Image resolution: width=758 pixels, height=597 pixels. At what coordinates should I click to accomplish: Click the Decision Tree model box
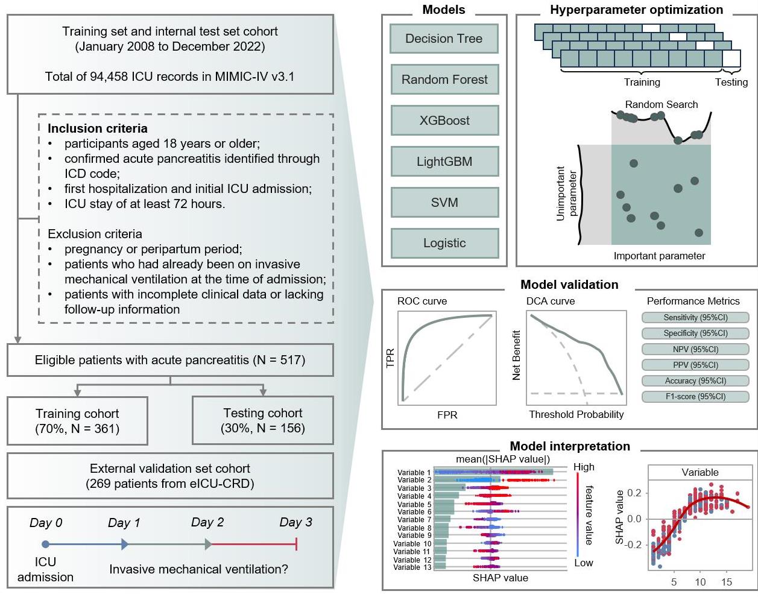444,39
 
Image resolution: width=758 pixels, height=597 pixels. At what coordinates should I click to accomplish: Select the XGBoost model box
445,121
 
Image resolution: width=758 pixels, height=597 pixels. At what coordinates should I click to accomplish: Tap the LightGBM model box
445,162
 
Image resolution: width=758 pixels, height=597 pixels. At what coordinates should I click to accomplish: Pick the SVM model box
445,203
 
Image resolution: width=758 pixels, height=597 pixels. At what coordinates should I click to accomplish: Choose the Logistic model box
445,243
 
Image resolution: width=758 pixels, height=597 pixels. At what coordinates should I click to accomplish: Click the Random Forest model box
445,80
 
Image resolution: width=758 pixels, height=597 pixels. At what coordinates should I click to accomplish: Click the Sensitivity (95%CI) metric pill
695,317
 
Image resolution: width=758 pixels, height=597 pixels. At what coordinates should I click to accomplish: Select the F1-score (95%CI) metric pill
695,397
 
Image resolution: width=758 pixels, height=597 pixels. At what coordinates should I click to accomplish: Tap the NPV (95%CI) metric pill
695,349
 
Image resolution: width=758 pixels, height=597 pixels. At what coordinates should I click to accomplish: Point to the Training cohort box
77,421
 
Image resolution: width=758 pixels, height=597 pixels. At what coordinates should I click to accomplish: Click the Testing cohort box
263,420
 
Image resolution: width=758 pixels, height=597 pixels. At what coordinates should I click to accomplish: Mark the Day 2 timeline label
207,522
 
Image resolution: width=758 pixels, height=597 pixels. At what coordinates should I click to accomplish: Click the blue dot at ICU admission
45,544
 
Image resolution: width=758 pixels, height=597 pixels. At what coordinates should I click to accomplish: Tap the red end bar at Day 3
297,544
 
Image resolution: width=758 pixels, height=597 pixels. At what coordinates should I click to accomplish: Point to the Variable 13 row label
412,567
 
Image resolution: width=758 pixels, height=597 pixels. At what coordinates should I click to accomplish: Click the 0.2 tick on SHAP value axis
634,493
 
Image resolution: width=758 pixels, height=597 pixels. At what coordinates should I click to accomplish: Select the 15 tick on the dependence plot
726,582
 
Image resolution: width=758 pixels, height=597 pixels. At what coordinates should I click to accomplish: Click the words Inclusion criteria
98,128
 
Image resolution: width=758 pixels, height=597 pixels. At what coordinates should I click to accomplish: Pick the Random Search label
661,104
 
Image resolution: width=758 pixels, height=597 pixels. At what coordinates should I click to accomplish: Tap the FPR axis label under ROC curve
447,415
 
